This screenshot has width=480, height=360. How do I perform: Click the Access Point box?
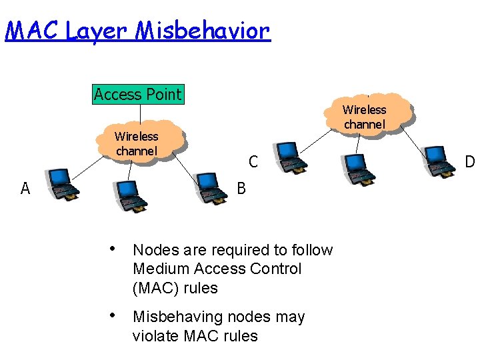[137, 94]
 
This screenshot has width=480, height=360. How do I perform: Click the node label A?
[25, 189]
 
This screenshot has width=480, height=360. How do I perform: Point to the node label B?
[241, 189]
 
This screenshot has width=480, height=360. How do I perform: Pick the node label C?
[253, 161]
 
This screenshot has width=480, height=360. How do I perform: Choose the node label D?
[470, 162]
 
